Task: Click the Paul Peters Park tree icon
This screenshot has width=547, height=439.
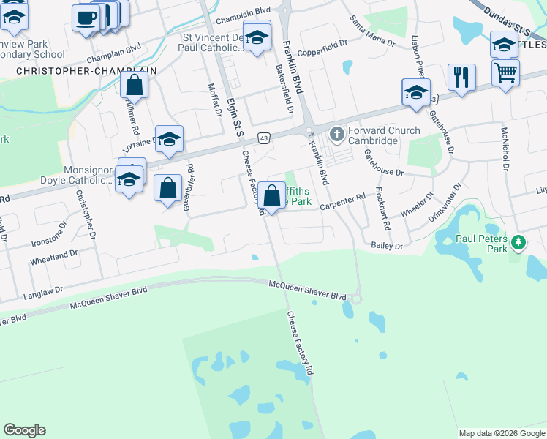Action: pyautogui.click(x=518, y=241)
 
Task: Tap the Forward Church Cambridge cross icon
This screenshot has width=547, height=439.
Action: pyautogui.click(x=336, y=135)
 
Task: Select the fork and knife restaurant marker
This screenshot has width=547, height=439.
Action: pyautogui.click(x=461, y=77)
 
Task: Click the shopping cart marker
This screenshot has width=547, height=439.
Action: pyautogui.click(x=505, y=73)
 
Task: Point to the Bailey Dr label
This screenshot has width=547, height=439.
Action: pyautogui.click(x=387, y=247)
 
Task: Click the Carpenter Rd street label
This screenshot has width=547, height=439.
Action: pyautogui.click(x=342, y=200)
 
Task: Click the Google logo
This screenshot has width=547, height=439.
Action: pyautogui.click(x=24, y=430)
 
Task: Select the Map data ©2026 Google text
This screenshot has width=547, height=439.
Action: pyautogui.click(x=502, y=433)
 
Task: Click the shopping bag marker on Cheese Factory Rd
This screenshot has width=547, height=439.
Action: pyautogui.click(x=271, y=195)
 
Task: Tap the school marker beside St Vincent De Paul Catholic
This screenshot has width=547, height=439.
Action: pyautogui.click(x=257, y=38)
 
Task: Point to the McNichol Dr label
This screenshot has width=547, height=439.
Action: pyautogui.click(x=505, y=147)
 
